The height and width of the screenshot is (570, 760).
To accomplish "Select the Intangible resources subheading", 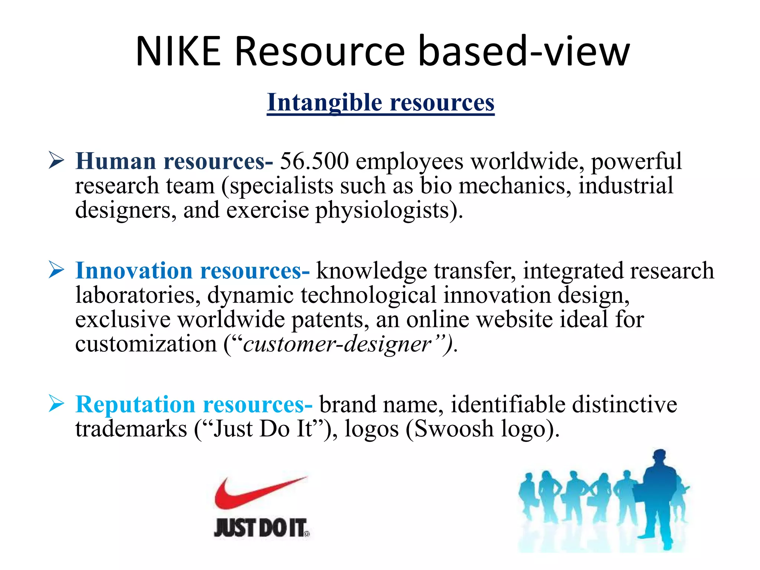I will click(x=380, y=102).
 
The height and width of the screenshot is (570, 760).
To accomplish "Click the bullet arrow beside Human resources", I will click(x=56, y=161).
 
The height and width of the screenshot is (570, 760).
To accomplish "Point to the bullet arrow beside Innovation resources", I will click(x=56, y=270).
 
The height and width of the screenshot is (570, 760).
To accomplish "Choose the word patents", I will click(x=330, y=319).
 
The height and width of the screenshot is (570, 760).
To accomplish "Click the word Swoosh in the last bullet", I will click(x=453, y=429).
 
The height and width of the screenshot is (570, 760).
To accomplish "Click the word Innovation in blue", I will click(x=134, y=271).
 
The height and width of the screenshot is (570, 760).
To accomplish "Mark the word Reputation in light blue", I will click(x=135, y=404).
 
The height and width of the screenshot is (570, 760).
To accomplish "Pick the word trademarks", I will click(x=131, y=429).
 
